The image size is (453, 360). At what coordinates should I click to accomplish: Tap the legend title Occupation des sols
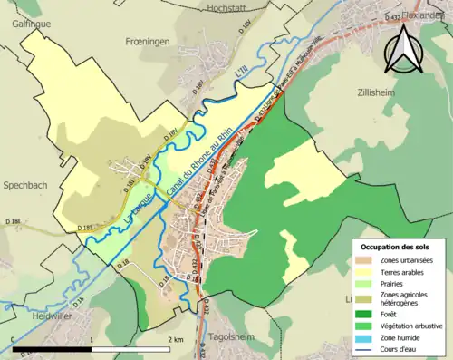click(397, 247)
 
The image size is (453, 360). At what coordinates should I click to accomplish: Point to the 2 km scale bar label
click(176, 339)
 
